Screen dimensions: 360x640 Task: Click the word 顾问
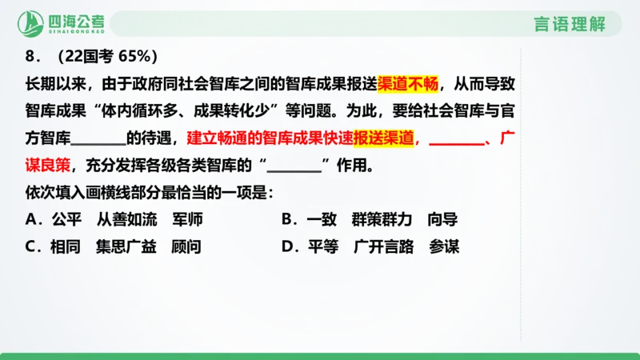point(186,247)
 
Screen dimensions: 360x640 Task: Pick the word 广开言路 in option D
point(382,247)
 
